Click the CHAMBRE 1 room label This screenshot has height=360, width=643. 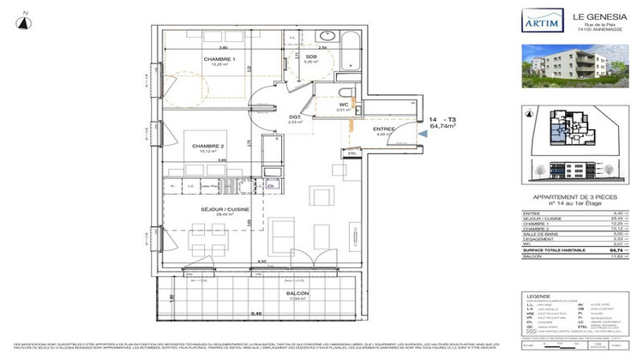tap(219, 59)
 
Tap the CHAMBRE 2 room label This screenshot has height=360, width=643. tap(208, 145)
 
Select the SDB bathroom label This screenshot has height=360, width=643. tap(310, 57)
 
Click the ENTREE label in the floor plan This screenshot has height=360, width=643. tap(382, 128)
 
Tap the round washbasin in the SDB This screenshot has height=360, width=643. tap(325, 37)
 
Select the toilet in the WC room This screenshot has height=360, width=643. tap(344, 94)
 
